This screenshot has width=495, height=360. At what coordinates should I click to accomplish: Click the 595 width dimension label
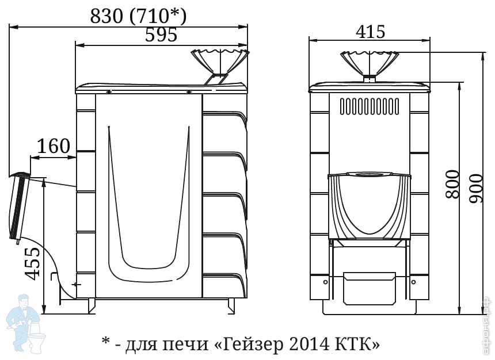(x=161, y=35)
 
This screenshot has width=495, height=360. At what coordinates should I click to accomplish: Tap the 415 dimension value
(x=370, y=31)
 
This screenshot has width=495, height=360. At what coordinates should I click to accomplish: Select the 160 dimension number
(x=54, y=146)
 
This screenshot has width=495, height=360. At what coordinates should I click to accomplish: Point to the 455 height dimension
(x=33, y=264)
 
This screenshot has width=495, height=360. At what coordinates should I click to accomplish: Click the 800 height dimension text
(x=452, y=184)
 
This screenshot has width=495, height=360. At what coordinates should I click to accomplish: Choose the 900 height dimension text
(x=476, y=189)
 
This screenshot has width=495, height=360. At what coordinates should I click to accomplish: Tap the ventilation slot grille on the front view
(x=370, y=106)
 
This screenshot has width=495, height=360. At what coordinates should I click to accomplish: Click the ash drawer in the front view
(x=370, y=288)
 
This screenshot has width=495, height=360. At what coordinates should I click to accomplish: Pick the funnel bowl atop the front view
(x=370, y=63)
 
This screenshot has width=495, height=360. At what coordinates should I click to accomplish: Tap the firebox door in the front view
(x=370, y=206)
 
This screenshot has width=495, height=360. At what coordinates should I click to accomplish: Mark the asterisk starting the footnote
(x=105, y=342)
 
